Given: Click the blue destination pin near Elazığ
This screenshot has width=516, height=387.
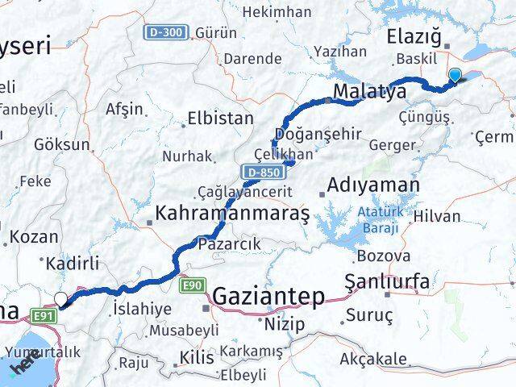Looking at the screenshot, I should [455, 76].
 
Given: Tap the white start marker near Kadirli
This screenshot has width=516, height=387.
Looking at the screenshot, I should [60, 300].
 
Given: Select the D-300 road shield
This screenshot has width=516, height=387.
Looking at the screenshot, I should [167, 33].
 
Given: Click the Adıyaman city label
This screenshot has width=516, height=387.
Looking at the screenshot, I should [374, 185].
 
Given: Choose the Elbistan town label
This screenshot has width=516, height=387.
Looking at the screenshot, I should [220, 119].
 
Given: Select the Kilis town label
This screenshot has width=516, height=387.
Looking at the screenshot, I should [198, 356].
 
